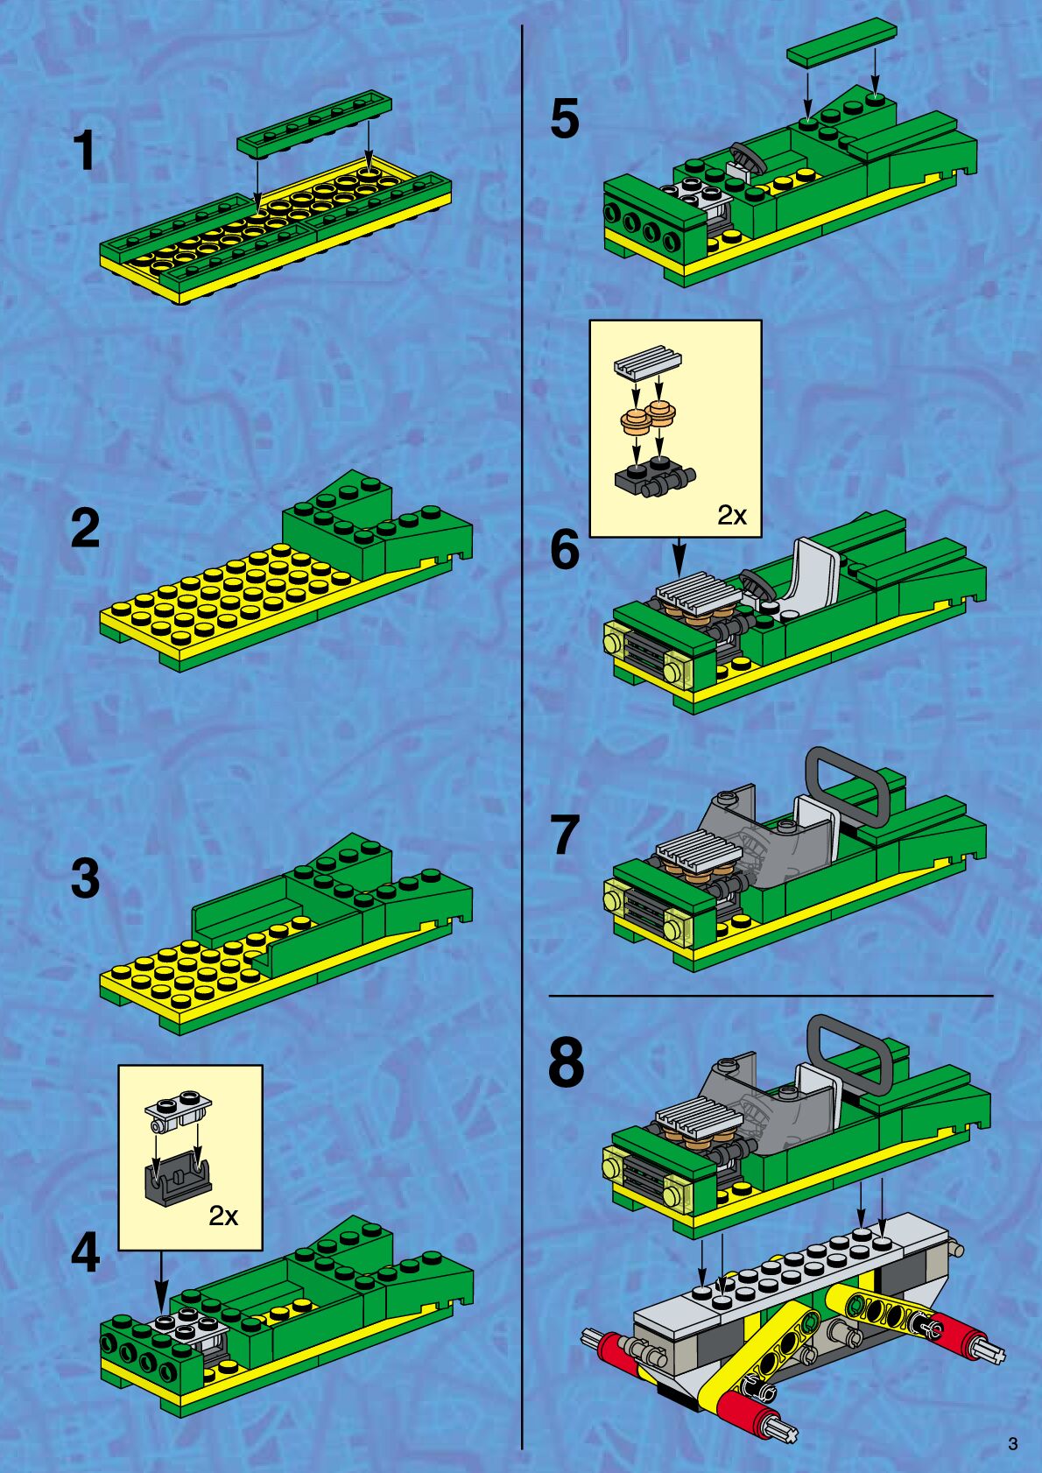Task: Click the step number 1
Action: [87, 151]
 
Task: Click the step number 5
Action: [566, 119]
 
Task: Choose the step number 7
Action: [566, 835]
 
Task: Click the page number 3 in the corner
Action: [1013, 1444]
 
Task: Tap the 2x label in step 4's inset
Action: [223, 1216]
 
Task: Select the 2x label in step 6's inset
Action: [732, 515]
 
